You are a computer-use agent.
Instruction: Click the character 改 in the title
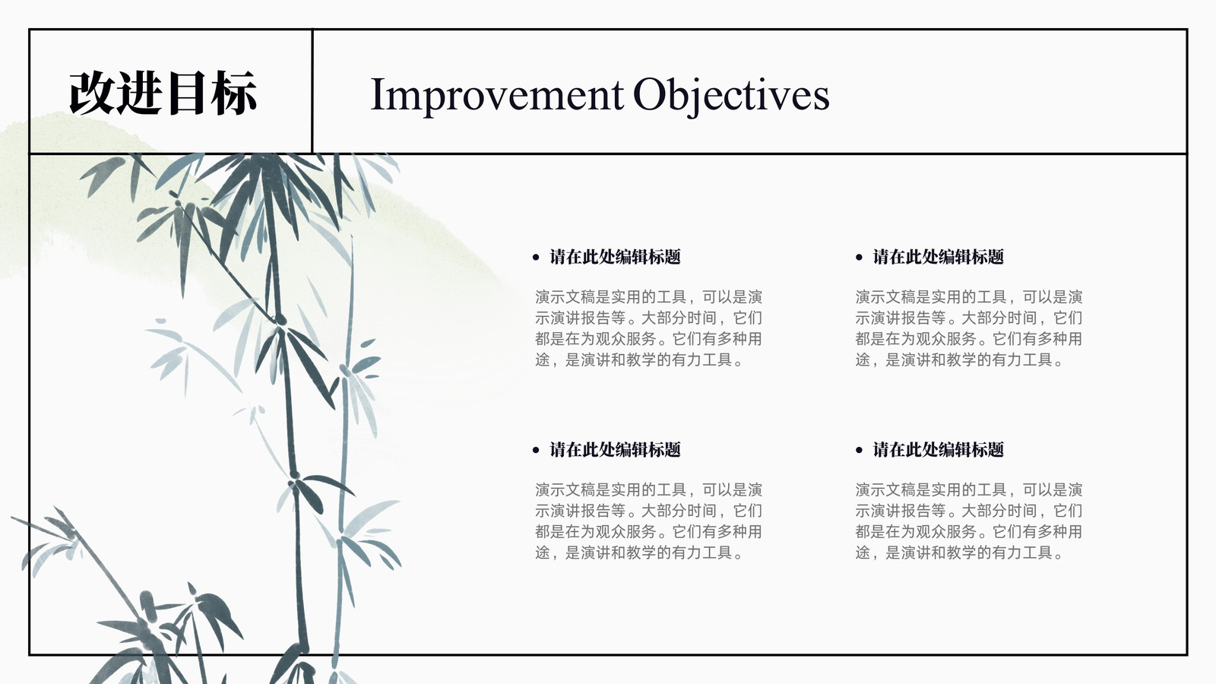92,93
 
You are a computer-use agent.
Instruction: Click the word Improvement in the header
497,96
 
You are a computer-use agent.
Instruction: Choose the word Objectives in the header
731,96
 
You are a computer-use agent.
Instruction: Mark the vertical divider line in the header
312,91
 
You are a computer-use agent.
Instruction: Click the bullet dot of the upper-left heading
537,258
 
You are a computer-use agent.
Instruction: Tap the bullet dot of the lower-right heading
859,450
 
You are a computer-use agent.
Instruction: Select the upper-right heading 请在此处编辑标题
938,257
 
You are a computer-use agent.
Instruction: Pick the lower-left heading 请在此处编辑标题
615,449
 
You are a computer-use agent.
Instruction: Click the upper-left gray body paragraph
649,328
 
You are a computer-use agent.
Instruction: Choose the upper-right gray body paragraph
969,328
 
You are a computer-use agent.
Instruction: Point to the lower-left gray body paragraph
649,521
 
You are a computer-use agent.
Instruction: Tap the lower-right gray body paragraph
969,521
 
